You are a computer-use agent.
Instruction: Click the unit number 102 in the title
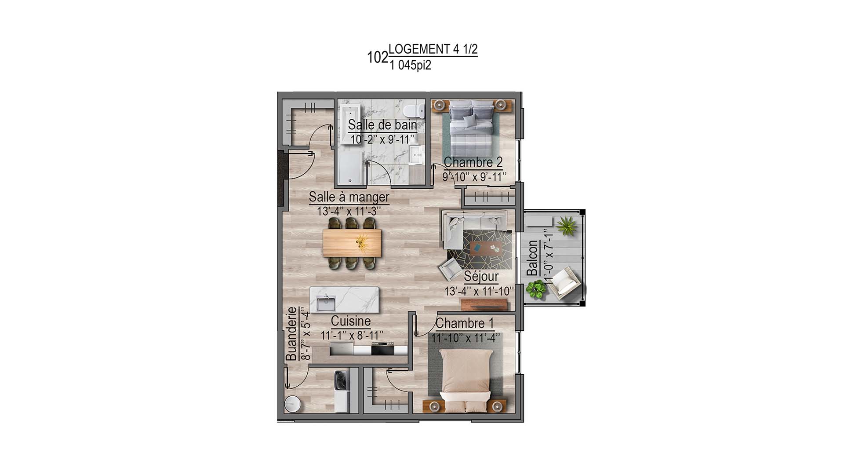[x=378, y=57]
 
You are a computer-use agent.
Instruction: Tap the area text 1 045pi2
[x=410, y=66]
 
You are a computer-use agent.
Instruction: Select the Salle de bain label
[x=382, y=125]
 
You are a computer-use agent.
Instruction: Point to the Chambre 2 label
[x=473, y=162]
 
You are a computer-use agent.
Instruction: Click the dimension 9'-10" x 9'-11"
[x=474, y=177]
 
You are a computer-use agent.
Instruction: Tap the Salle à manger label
[x=349, y=197]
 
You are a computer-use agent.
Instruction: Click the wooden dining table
[x=352, y=243]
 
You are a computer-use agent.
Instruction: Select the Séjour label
[x=481, y=277]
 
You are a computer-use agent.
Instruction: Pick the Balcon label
[x=532, y=258]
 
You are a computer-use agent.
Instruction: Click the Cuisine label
[x=350, y=321]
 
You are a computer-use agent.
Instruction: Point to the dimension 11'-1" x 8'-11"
[x=352, y=335]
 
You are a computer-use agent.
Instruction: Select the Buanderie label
[x=291, y=334]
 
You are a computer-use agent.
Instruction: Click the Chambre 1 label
[x=465, y=324]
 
